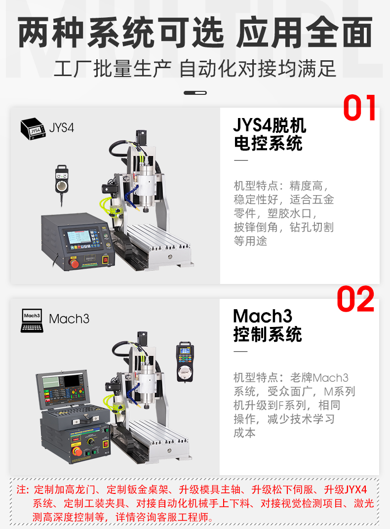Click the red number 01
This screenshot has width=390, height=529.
tap(359, 108)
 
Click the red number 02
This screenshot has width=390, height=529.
tap(355, 299)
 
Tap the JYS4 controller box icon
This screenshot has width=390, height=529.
tap(33, 129)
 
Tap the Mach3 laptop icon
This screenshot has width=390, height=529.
tap(32, 321)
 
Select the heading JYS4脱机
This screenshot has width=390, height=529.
tap(270, 125)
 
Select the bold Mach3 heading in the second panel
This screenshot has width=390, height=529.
tap(263, 316)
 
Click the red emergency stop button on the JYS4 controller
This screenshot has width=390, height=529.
tap(74, 262)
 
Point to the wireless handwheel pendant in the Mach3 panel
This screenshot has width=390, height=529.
tap(185, 362)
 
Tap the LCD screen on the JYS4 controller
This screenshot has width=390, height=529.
tap(79, 238)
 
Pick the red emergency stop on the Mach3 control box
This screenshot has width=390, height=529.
tap(77, 450)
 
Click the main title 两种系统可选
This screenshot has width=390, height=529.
tap(121, 33)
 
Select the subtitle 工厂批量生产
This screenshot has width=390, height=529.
tap(113, 69)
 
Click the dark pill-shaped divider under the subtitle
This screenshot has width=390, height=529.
tap(195, 93)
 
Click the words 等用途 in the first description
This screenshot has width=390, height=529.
tap(250, 241)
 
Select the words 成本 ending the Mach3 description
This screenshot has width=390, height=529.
tap(245, 433)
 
